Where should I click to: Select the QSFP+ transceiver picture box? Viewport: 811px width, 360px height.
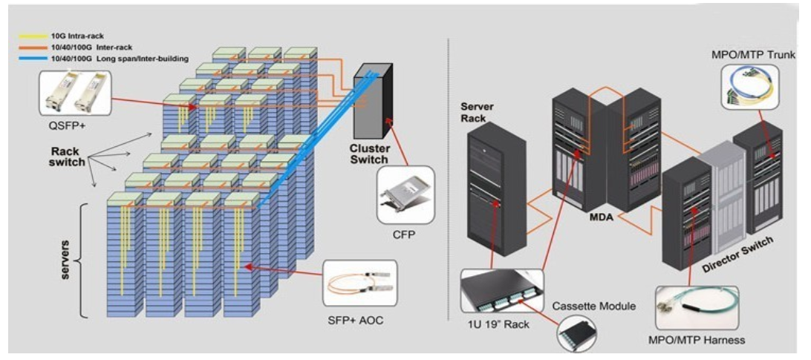point(75,92)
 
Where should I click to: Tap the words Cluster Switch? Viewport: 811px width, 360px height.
point(369,154)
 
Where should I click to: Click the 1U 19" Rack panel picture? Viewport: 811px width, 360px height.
point(498,290)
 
